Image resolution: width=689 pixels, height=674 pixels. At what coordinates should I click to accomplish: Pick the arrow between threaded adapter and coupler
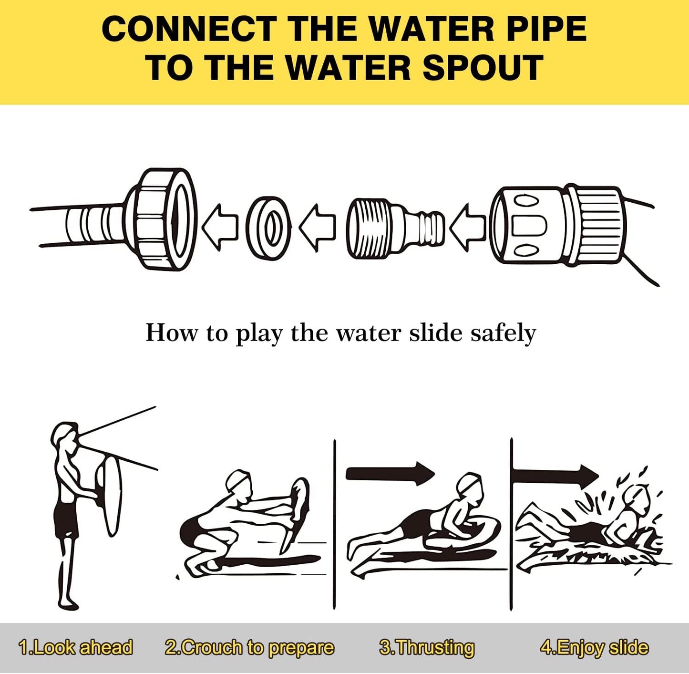tap(467, 228)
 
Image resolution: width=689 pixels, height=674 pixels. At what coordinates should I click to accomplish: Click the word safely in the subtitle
tap(503, 333)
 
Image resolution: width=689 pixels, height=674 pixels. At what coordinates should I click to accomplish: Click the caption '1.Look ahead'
tap(76, 647)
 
